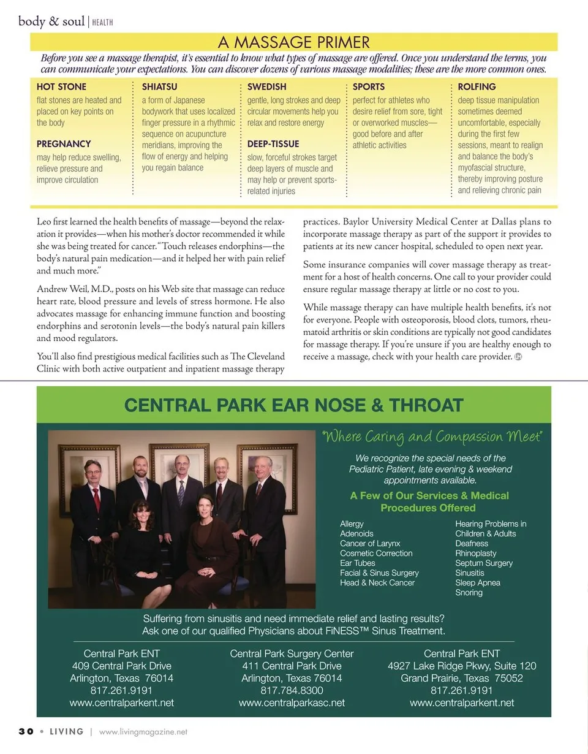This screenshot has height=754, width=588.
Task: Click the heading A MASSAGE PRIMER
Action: (294, 42)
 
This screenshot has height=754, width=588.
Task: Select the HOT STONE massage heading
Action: (61, 87)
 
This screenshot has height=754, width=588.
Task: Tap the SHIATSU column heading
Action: (160, 87)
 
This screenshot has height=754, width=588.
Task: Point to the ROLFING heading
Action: (477, 87)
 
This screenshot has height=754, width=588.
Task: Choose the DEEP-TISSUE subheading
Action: (273, 144)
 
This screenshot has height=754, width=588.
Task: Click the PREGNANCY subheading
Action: (64, 144)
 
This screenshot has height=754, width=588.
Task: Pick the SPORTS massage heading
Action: (369, 87)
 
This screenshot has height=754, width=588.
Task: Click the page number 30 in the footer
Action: (26, 731)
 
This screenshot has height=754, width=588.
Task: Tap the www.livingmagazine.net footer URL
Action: (143, 731)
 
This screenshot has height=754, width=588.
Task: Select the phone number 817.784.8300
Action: (292, 690)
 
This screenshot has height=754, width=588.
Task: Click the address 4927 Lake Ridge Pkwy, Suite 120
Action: (462, 666)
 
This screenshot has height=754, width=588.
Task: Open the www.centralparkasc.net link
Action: (292, 703)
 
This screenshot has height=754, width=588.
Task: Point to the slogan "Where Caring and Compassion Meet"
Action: (431, 436)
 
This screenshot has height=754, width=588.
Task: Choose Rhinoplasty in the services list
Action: (476, 553)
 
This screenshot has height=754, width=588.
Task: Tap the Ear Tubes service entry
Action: (358, 563)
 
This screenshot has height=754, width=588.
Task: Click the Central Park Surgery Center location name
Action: (292, 653)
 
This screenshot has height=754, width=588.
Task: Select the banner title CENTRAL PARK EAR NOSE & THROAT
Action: (294, 405)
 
